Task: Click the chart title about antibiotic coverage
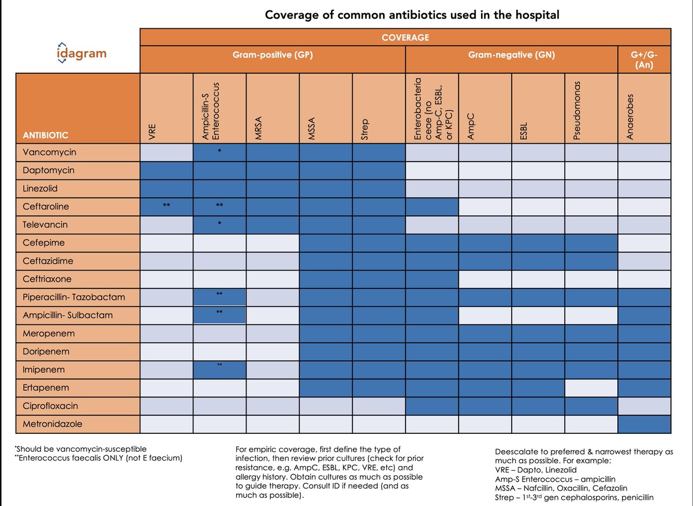[x=412, y=14]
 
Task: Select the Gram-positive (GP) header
[x=273, y=56]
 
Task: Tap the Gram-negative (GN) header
[x=512, y=56]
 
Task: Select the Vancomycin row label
[x=50, y=152]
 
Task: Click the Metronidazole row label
[x=53, y=423]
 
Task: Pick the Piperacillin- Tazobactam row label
[x=73, y=297]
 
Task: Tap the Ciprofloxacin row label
[x=51, y=406]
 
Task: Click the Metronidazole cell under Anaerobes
[x=644, y=423]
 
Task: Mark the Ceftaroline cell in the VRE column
[x=166, y=207]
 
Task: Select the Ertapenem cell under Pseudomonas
[x=591, y=388]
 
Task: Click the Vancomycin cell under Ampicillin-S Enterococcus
[x=219, y=152]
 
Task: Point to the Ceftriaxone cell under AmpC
[x=485, y=279]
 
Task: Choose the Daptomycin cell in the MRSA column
[x=273, y=171]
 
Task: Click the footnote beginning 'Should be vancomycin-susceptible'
[x=81, y=449]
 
